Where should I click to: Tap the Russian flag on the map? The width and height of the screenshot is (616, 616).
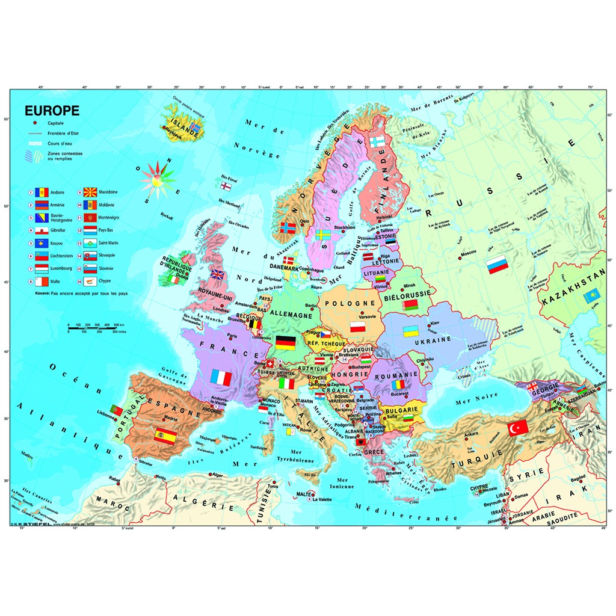497,265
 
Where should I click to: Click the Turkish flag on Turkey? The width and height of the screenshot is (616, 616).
517,427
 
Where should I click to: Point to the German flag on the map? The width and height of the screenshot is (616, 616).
285,343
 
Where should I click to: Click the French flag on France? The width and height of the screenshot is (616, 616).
221,377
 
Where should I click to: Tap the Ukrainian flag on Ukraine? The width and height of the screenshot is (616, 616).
411,331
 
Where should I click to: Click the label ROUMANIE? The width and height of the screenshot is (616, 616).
395,374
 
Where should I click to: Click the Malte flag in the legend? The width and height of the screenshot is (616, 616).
41,281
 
